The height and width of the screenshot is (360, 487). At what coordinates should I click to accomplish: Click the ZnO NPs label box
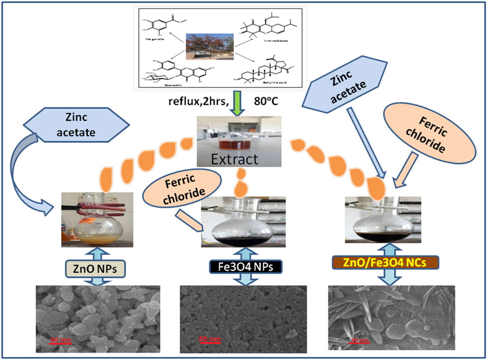pyautogui.click(x=95, y=269)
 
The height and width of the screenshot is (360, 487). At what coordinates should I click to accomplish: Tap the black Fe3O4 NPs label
pyautogui.click(x=246, y=267)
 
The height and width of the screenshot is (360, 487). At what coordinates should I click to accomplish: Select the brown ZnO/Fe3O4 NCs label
pyautogui.click(x=385, y=262)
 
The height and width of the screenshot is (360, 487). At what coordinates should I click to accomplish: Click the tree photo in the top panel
pyautogui.click(x=210, y=46)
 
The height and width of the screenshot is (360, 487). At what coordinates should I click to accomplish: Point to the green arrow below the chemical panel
pyautogui.click(x=237, y=103)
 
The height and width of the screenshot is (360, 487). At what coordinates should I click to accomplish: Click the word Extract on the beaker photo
pyautogui.click(x=235, y=159)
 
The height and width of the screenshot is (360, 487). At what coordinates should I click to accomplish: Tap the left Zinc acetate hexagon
pyautogui.click(x=76, y=125)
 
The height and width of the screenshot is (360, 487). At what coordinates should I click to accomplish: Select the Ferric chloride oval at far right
pyautogui.click(x=429, y=134)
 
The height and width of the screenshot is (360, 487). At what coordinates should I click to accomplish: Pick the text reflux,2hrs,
pyautogui.click(x=198, y=101)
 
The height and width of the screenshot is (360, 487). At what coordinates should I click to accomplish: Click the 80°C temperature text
pyautogui.click(x=266, y=101)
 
